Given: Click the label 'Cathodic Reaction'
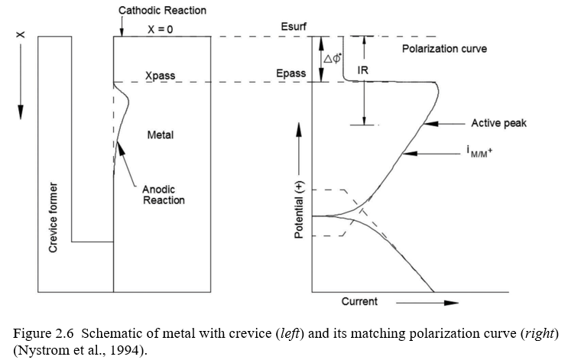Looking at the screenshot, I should (162, 11).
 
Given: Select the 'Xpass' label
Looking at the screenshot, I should (161, 77).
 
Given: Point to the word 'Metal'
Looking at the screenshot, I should (161, 135).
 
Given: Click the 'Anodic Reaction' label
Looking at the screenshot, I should (164, 195).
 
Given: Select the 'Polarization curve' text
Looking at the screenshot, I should (444, 49).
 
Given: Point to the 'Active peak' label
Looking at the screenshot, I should (498, 123).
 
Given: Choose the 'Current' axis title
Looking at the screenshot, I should (359, 302).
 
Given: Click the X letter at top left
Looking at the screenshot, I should (21, 36).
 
